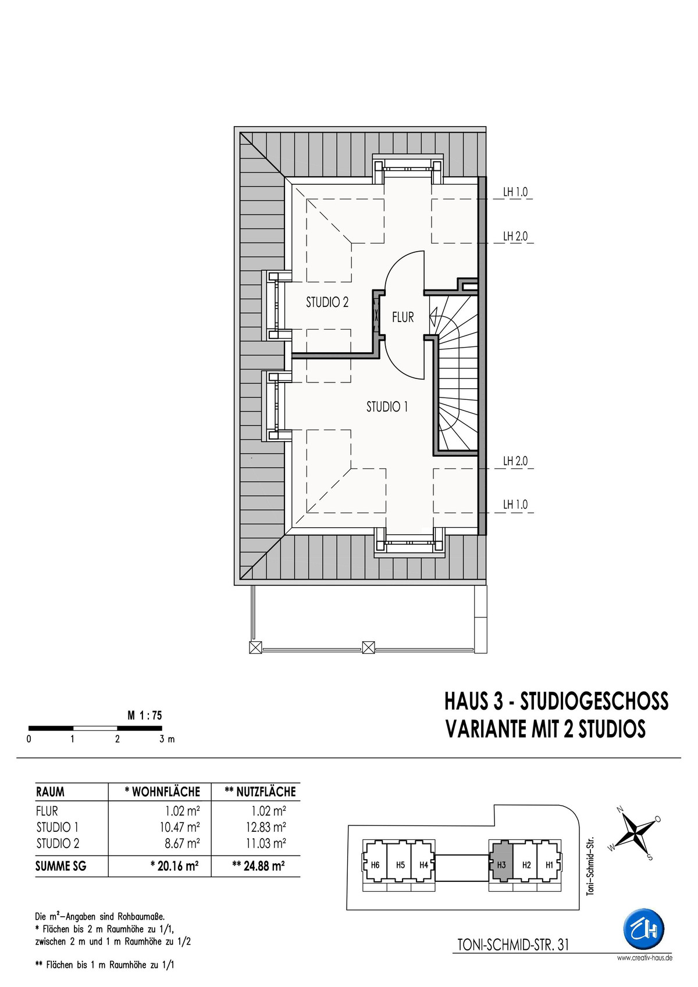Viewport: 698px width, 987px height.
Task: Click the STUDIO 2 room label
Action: pyautogui.click(x=327, y=302)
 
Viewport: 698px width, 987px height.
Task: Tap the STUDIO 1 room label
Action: pyautogui.click(x=387, y=407)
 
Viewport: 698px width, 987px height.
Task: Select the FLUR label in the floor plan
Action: pyautogui.click(x=403, y=317)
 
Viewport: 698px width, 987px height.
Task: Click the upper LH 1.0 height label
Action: pyautogui.click(x=515, y=192)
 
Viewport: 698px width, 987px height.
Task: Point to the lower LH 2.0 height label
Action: pyautogui.click(x=515, y=462)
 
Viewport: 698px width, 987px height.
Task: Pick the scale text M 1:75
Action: pyautogui.click(x=145, y=716)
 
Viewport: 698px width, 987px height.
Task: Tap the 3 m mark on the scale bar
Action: pyautogui.click(x=167, y=739)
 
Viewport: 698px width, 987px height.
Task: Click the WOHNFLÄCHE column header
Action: pyautogui.click(x=162, y=792)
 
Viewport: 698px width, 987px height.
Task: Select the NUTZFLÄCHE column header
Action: pyautogui.click(x=260, y=792)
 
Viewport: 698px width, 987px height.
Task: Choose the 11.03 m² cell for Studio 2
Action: pyautogui.click(x=266, y=843)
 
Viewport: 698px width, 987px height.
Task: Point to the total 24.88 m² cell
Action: pyautogui.click(x=258, y=866)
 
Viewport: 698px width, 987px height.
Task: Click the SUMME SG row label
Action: pyautogui.click(x=61, y=867)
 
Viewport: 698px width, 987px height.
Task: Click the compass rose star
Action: pyautogui.click(x=636, y=831)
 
